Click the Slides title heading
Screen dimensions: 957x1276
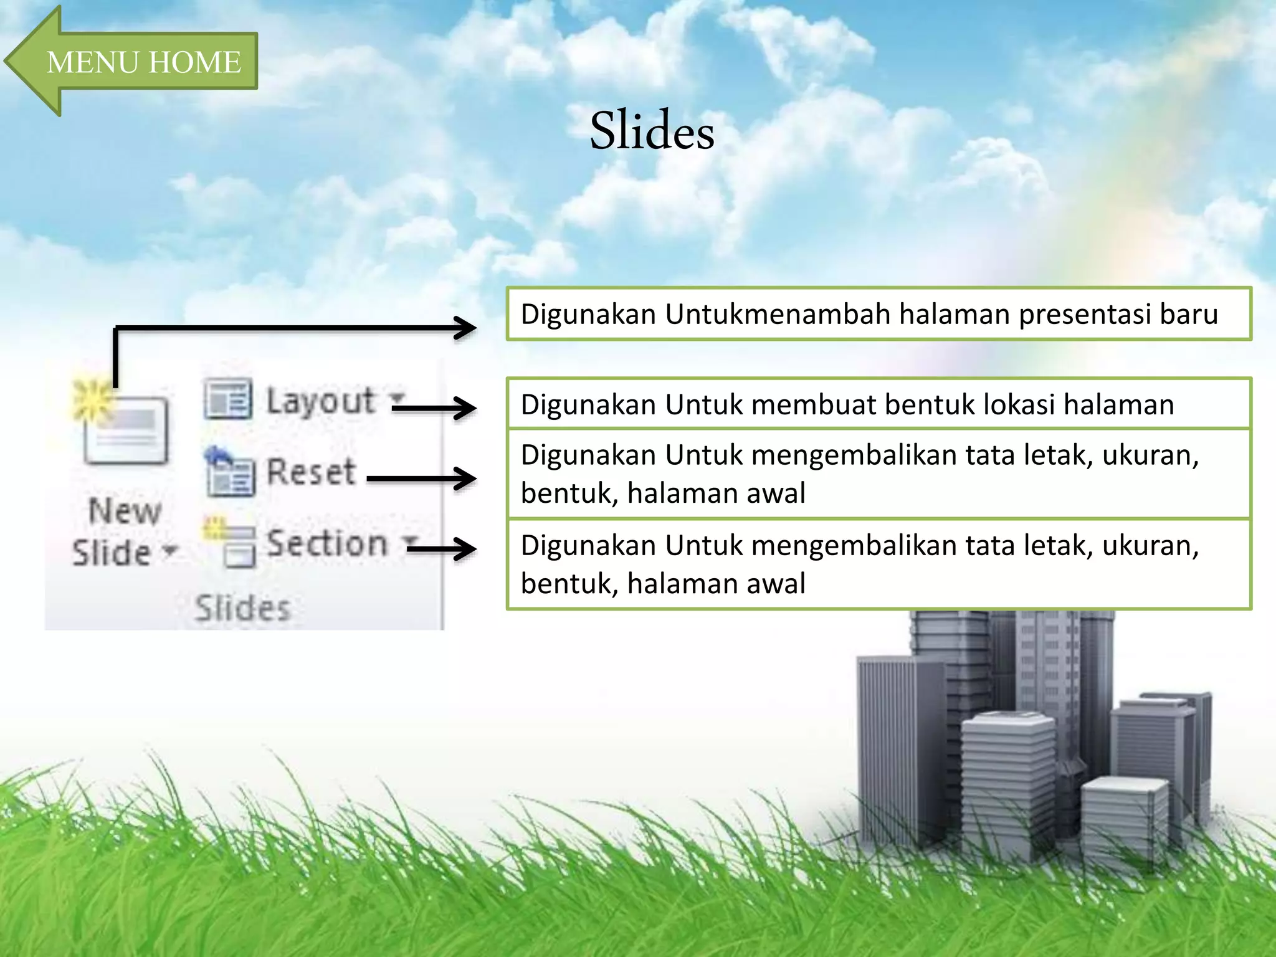(x=652, y=131)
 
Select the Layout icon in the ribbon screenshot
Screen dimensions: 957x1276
(x=228, y=399)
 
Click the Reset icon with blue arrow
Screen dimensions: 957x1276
(x=229, y=472)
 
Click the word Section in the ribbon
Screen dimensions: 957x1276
(x=327, y=543)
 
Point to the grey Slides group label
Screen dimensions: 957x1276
(x=242, y=608)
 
